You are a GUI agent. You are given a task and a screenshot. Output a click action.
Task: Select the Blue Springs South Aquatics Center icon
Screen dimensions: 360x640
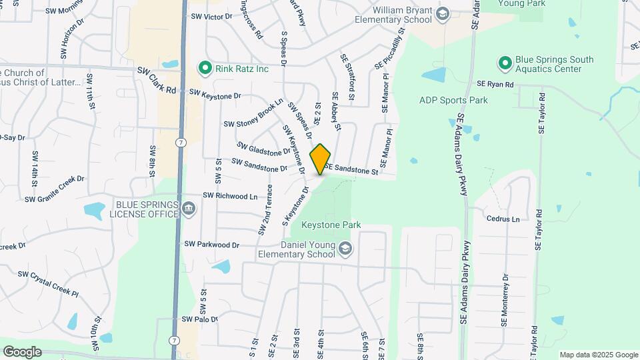click(x=505, y=64)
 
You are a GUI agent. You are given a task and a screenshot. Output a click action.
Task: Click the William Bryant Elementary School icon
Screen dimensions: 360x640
click(x=441, y=15)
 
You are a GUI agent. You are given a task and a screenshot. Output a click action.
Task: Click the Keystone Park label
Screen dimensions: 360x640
click(x=331, y=225)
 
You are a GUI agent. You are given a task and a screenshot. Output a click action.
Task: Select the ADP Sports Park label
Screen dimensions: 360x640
click(x=453, y=101)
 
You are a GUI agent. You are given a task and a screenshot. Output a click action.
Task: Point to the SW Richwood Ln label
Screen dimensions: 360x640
click(x=229, y=196)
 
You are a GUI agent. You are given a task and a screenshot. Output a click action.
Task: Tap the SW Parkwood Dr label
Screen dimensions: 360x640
click(x=211, y=245)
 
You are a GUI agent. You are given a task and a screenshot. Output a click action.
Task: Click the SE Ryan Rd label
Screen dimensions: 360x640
click(x=495, y=85)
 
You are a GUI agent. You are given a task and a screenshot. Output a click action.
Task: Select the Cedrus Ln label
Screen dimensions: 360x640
click(x=503, y=219)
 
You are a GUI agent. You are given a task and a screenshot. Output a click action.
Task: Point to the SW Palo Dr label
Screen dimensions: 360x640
click(x=200, y=319)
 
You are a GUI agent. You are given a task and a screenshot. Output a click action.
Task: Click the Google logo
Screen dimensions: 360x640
click(x=22, y=352)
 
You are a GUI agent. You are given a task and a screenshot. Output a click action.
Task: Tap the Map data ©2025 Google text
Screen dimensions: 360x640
click(x=598, y=355)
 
